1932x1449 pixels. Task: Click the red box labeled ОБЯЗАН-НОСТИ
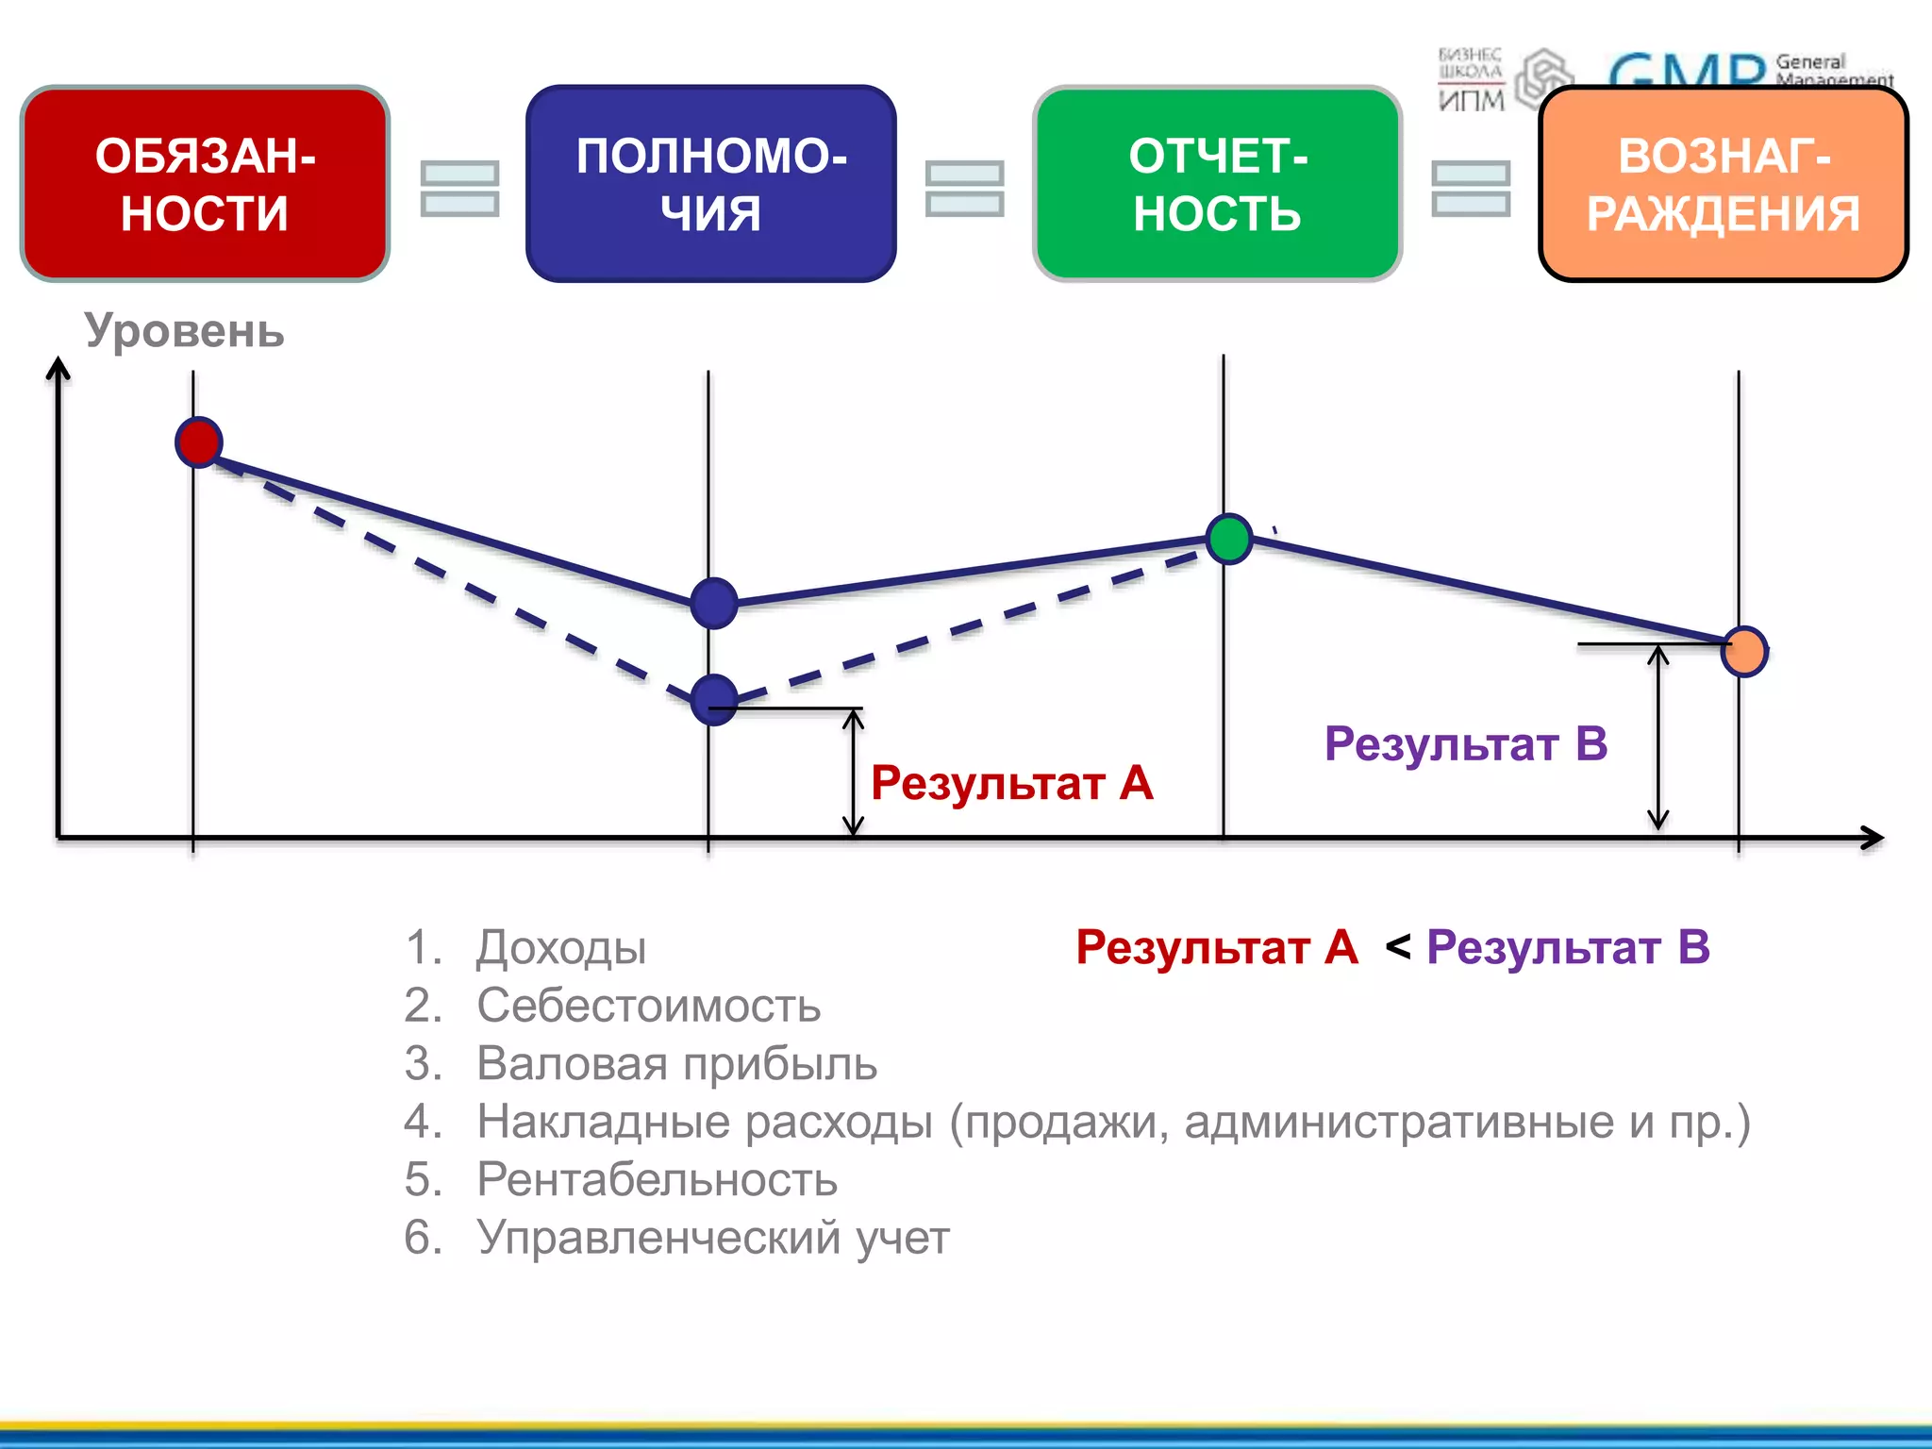tap(205, 184)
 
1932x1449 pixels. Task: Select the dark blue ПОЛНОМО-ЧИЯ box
tap(710, 184)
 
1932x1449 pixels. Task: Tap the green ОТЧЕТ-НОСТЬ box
tap(1217, 184)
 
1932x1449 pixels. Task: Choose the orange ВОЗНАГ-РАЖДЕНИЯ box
tap(1723, 184)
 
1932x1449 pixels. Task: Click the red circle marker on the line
tap(199, 441)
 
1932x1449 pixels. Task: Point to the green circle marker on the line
tap(1229, 539)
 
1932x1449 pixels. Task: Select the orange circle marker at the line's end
tap(1744, 651)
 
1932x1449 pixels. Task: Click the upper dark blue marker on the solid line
tap(714, 603)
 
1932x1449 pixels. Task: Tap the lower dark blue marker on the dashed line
tap(714, 700)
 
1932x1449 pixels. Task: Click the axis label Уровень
tap(184, 331)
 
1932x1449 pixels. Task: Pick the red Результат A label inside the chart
tap(1011, 783)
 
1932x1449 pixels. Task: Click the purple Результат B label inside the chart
tap(1465, 743)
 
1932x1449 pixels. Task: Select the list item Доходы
tap(560, 947)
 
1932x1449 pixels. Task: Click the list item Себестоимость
tap(648, 1006)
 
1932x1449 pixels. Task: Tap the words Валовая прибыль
tap(676, 1063)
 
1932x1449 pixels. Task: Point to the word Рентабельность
tap(657, 1179)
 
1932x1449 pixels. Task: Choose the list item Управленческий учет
tap(712, 1238)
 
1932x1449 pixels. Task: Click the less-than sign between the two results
tap(1398, 947)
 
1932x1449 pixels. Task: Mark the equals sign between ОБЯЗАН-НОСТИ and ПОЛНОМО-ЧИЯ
tap(459, 189)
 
